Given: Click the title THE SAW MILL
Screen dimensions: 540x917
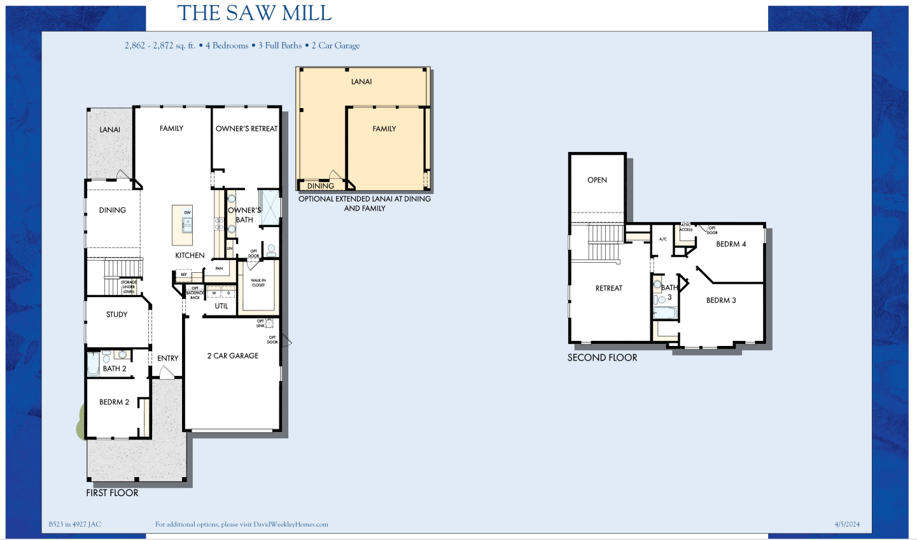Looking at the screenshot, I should coord(255,13).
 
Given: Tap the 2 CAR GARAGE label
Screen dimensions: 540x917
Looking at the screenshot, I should coord(233,356).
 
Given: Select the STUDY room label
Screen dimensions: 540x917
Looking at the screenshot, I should coord(117,315).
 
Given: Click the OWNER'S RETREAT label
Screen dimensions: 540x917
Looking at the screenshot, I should coord(246,129).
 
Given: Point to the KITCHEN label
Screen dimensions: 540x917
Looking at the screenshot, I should coord(190,256).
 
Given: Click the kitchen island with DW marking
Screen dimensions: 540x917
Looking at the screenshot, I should coord(183,225).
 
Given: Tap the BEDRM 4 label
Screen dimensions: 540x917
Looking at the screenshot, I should coord(731,244).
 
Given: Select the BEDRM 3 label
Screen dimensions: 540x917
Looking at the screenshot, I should coord(721,301).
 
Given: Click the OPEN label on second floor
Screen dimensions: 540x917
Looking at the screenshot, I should coord(597,181).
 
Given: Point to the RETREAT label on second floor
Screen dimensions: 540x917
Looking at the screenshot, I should coord(609,289).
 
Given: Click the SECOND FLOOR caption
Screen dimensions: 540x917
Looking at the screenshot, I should coord(602,358).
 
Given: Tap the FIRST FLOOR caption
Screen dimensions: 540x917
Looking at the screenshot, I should coord(112,493).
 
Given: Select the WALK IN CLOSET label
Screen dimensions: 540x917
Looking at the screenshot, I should coord(258,283).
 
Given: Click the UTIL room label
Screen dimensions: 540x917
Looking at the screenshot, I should coord(221,307).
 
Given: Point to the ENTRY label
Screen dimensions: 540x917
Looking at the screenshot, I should coord(168,359).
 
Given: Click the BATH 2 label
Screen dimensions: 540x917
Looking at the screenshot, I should coord(115,369).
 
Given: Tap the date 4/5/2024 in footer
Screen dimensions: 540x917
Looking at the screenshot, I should coord(847,525).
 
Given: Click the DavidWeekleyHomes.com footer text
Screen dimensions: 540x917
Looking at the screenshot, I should coord(291,525).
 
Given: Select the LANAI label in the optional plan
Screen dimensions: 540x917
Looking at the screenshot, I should coord(361,82).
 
